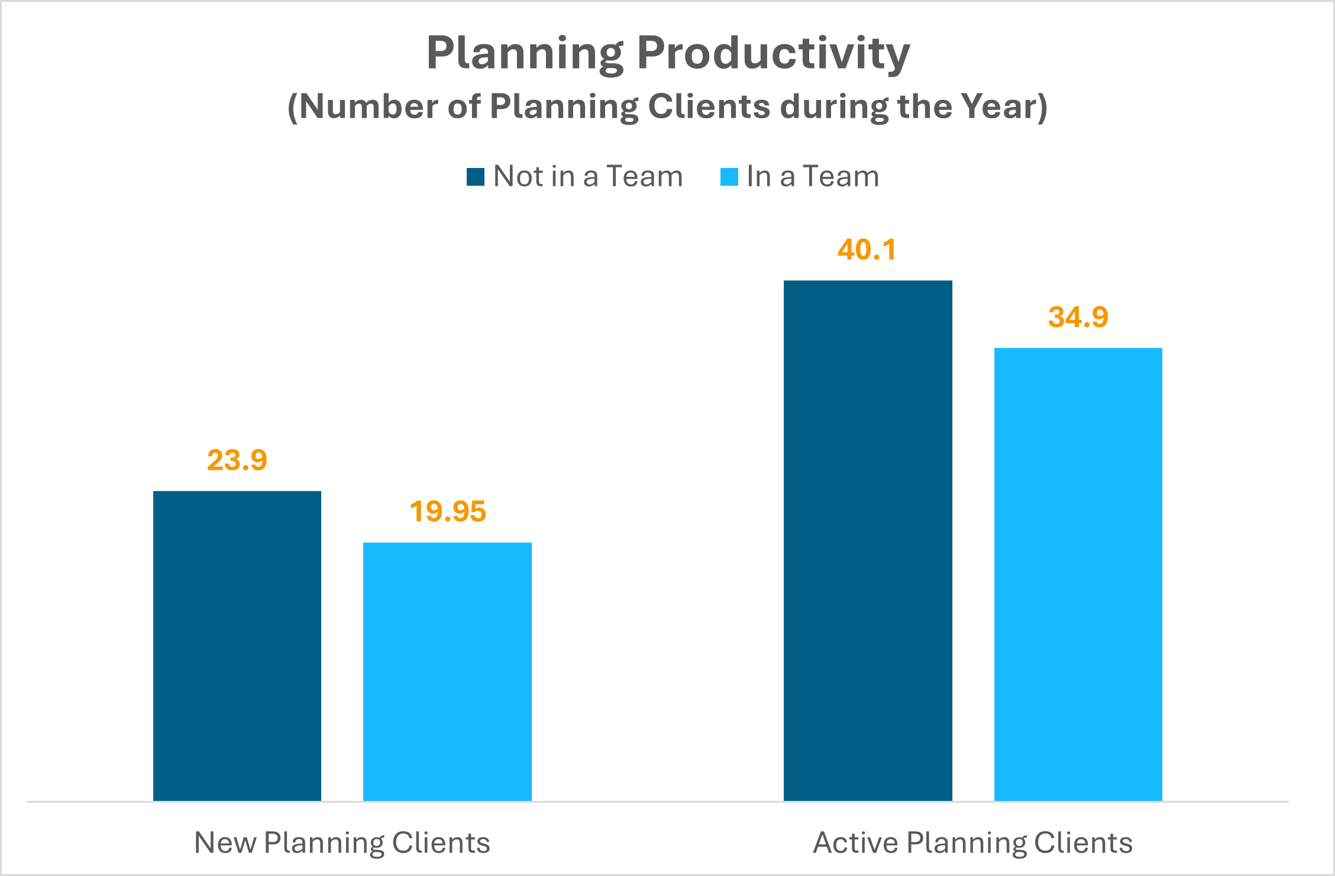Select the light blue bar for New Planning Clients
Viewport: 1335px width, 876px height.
(x=447, y=671)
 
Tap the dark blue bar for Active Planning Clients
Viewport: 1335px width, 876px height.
(x=868, y=541)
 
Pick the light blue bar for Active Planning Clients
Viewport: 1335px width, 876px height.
(x=1078, y=574)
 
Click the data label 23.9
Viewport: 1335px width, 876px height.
(x=237, y=460)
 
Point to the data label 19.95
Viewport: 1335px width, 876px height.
(x=448, y=512)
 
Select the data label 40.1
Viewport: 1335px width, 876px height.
(x=867, y=250)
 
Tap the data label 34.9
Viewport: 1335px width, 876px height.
(x=1078, y=317)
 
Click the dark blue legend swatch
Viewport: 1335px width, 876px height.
(x=476, y=177)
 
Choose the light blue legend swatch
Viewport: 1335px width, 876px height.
(x=729, y=177)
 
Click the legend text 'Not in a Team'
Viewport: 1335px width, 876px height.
(x=588, y=176)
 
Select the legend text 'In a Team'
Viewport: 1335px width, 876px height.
(x=813, y=176)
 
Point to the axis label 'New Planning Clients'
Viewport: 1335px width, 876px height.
(x=342, y=843)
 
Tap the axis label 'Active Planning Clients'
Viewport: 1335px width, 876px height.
(x=973, y=843)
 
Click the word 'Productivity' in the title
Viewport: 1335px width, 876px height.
(x=774, y=53)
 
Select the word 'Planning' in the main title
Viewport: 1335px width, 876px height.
(x=525, y=53)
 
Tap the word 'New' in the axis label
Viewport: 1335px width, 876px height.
(x=225, y=843)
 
